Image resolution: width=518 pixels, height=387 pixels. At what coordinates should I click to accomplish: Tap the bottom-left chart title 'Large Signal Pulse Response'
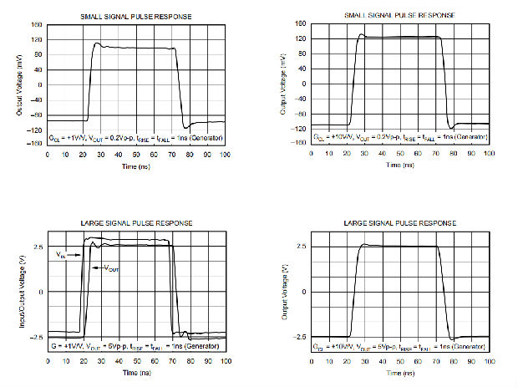(137, 223)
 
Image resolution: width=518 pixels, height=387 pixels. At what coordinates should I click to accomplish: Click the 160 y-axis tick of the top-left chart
(37, 26)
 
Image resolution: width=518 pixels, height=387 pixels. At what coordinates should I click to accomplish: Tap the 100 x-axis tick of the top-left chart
(225, 154)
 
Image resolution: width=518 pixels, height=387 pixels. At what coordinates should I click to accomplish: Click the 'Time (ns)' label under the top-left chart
(137, 165)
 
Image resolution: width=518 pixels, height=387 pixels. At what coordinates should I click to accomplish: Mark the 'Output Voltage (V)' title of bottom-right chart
(284, 292)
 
